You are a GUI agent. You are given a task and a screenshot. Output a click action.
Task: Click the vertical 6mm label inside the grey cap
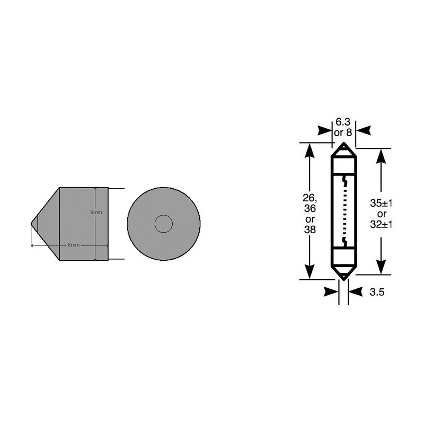click(96, 212)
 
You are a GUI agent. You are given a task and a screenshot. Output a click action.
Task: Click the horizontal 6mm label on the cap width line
click(73, 245)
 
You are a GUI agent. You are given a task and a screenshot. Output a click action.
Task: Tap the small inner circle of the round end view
click(163, 224)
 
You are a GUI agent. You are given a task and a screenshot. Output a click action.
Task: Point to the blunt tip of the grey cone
click(33, 223)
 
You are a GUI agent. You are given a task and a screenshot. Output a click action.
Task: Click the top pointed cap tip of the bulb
click(344, 145)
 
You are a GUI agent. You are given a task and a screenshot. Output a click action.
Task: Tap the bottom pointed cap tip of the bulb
click(344, 277)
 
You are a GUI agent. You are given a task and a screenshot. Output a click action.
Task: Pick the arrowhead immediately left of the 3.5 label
click(331, 291)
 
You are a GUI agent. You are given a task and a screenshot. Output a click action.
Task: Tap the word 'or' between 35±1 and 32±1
click(380, 214)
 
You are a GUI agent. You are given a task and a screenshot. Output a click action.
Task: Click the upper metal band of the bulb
click(344, 161)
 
